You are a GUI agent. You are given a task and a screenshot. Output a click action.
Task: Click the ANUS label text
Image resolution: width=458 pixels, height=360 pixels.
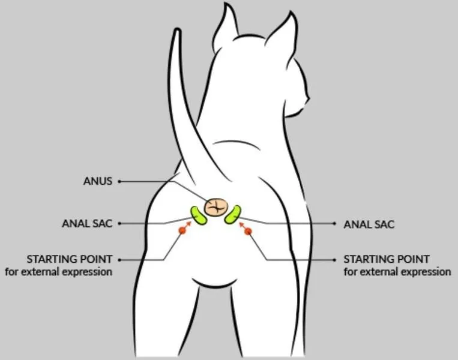[x=98, y=181]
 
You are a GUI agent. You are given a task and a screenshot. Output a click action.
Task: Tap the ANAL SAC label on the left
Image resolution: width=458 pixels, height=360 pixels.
[x=87, y=224]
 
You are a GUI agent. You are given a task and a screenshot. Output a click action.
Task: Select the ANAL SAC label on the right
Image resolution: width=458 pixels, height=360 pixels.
[x=369, y=224]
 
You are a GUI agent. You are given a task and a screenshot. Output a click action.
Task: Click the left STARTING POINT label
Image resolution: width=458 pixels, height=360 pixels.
[x=69, y=259]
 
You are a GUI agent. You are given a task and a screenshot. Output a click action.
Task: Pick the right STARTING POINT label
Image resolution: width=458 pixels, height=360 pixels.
[x=387, y=259]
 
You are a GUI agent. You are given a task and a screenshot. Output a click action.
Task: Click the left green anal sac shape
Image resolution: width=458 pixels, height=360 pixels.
[x=198, y=215]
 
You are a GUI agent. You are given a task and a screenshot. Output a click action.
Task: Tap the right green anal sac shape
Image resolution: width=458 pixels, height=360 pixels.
[x=234, y=215]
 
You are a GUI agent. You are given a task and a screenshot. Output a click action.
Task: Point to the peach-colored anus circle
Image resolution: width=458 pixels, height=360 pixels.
[x=216, y=207]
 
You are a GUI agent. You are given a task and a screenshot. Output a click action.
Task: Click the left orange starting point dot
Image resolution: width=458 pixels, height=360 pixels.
[x=182, y=231]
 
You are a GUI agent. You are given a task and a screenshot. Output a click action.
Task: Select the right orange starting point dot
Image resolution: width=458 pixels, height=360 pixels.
[x=249, y=232]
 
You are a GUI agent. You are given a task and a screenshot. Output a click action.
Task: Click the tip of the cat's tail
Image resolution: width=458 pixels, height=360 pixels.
[x=176, y=29]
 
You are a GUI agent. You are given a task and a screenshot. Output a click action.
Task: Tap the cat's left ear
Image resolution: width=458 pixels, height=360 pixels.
[x=226, y=26]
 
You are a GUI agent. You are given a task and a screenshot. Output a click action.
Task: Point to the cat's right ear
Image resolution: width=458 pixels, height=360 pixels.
[x=282, y=31]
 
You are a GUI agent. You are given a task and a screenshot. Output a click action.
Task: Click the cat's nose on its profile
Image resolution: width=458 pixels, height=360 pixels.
[x=307, y=98]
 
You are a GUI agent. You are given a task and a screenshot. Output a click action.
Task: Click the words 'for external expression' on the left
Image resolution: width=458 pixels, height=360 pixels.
[x=59, y=272]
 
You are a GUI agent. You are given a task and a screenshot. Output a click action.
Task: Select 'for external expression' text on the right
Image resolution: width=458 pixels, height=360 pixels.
[x=397, y=272]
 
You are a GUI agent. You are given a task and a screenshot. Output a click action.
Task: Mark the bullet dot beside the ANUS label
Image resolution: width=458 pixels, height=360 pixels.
[x=119, y=182]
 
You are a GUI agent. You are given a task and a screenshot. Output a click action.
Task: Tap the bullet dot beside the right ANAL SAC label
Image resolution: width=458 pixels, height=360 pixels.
[x=335, y=224]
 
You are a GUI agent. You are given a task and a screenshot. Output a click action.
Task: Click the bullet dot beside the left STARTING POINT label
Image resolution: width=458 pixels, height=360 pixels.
[x=119, y=260]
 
